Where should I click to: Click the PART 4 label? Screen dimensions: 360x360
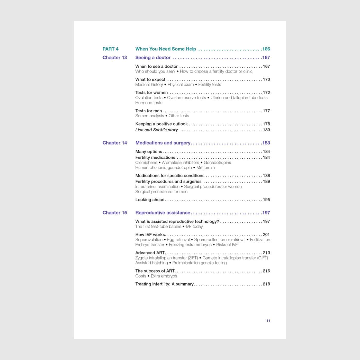coord(110,49)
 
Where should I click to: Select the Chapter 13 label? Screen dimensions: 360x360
coord(115,58)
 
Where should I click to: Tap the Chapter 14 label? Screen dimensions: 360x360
coord(115,143)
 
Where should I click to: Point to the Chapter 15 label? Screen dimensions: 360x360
coord(115,213)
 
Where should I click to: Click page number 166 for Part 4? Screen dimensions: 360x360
coord(266,49)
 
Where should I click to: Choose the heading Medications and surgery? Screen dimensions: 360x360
coord(163,143)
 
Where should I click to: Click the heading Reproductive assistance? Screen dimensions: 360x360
coord(163,213)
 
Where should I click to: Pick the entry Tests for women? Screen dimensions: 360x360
coord(151,93)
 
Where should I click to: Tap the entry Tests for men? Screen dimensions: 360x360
coord(149,111)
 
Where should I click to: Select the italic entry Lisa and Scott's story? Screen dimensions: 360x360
coord(157,130)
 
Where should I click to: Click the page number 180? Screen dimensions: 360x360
coord(266,130)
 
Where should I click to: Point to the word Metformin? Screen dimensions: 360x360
coord(205,168)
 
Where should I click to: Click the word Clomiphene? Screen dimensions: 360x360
coord(146,163)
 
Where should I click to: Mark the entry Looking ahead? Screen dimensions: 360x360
coord(150,200)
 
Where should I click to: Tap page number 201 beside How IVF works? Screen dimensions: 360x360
coord(266,235)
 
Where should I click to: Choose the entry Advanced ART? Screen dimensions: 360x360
coord(150,253)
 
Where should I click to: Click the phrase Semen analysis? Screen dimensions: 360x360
coord(150,116)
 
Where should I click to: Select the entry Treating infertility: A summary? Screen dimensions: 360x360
coord(165,284)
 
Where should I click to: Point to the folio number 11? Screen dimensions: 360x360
coord(268,321)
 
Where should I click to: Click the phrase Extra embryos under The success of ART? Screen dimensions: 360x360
coord(164,276)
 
